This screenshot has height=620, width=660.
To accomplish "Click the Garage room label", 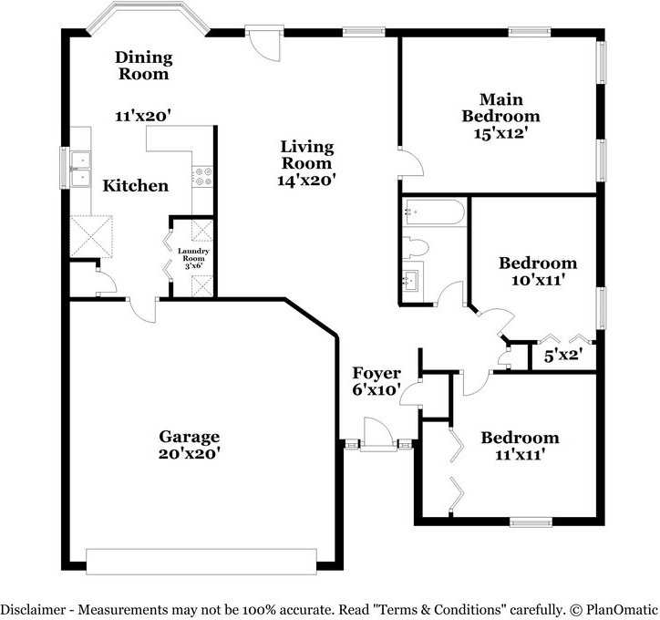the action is (189, 437).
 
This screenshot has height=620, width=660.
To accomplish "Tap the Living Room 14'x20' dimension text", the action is (306, 181).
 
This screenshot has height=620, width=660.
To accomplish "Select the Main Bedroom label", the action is (500, 108).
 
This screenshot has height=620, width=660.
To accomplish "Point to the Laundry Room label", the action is (193, 254).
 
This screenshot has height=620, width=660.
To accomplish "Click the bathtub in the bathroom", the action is (434, 212).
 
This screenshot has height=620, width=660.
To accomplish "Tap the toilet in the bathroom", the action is (415, 247).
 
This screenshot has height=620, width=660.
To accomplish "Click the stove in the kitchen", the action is (202, 177).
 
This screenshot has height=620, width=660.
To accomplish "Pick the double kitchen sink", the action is (80, 170).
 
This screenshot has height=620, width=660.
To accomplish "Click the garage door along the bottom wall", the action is (201, 562).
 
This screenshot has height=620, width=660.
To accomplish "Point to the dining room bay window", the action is (148, 16).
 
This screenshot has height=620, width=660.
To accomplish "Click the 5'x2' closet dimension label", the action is (563, 356).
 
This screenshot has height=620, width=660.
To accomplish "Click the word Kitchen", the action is (136, 186).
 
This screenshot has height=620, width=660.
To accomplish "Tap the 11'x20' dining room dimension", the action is (143, 116).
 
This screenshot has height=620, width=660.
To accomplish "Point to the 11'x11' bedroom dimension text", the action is (521, 455).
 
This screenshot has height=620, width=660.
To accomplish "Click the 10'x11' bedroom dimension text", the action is (538, 280).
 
